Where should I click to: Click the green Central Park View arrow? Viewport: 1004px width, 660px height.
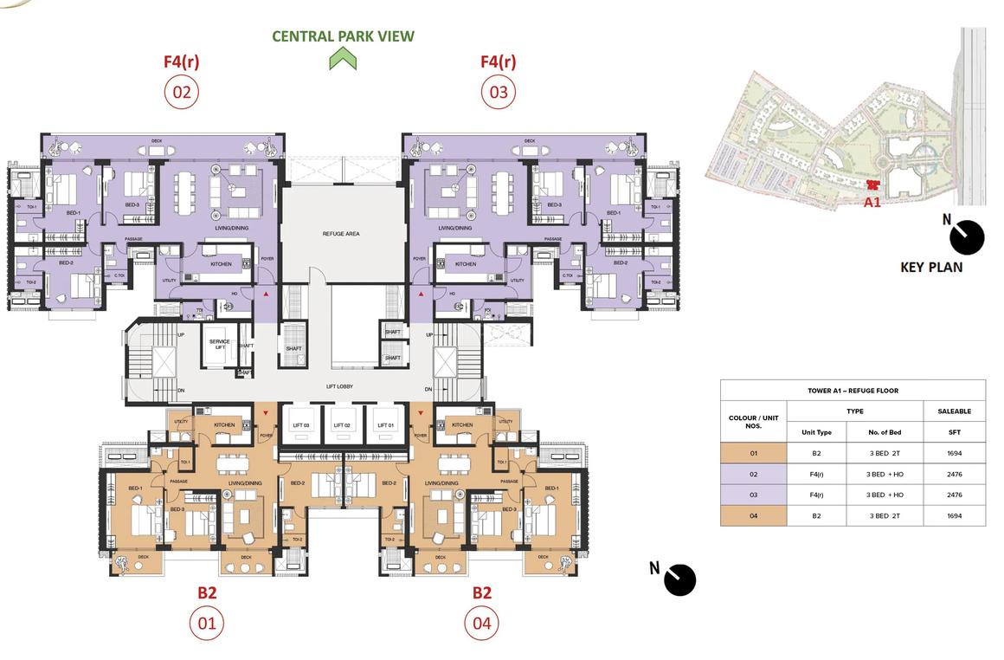(343, 59)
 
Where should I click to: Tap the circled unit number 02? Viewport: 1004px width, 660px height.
(182, 92)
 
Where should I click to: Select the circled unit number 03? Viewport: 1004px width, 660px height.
(498, 92)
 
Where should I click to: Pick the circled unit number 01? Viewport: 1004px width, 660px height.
(206, 623)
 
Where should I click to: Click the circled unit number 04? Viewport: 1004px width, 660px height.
(481, 623)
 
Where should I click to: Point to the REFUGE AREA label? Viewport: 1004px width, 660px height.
(341, 234)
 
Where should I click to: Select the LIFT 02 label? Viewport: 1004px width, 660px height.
(342, 425)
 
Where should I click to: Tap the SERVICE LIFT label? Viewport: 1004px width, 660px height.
(219, 344)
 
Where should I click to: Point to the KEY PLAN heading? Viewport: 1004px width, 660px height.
(931, 268)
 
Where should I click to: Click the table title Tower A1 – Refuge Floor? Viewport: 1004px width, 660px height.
(853, 391)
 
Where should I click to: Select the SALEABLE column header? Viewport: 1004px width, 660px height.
(954, 411)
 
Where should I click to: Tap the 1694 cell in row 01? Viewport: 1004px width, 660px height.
(954, 453)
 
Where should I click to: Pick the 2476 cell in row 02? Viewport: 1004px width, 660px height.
(954, 474)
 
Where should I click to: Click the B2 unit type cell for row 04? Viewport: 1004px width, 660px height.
(816, 515)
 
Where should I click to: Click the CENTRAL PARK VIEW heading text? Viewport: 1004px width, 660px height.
(343, 36)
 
